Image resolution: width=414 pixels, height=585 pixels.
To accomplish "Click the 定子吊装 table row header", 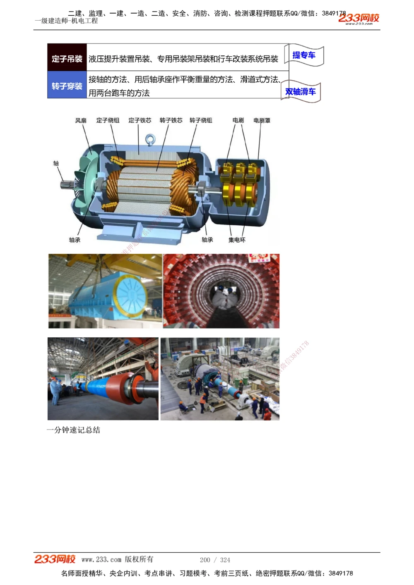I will (x=67, y=59).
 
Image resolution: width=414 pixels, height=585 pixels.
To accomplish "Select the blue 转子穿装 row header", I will (x=67, y=86).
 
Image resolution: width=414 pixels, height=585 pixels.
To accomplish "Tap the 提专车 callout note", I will (x=304, y=55).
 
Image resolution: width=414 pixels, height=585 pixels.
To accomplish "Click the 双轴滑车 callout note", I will (x=301, y=91).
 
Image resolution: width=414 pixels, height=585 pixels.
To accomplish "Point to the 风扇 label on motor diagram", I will (x=81, y=120).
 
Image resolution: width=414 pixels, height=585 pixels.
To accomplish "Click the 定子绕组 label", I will (x=108, y=120).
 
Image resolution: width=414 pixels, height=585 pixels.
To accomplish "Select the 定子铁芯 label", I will (x=140, y=120).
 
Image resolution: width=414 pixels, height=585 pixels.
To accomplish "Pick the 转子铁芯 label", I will (x=171, y=120).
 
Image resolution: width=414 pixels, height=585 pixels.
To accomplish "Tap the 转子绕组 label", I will (x=201, y=120).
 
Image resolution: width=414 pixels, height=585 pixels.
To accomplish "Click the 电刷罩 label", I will (x=262, y=120).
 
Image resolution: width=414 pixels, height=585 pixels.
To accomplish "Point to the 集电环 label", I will (x=237, y=240).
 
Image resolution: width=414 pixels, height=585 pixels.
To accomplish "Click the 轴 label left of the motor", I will (x=56, y=163).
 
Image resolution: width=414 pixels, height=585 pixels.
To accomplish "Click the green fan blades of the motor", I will (x=85, y=182).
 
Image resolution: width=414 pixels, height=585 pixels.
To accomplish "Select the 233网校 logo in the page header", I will (x=359, y=18).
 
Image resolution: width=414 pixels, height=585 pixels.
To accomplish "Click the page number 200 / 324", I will (x=215, y=560).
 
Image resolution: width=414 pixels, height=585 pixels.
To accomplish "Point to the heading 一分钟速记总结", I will (x=73, y=430).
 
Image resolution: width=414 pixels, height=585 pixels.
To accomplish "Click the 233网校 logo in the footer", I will (x=55, y=559).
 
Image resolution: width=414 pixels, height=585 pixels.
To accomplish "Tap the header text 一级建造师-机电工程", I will (x=66, y=21).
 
